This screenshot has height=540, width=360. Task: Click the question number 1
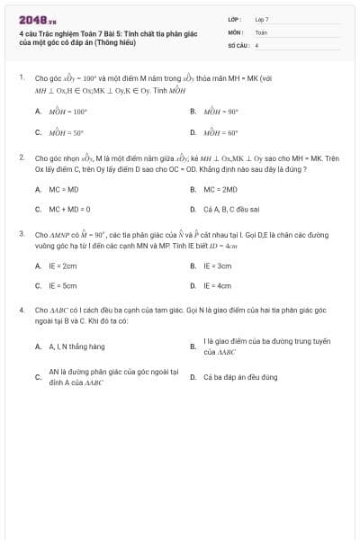click(x=21, y=77)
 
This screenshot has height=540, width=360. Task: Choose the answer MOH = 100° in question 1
click(x=67, y=112)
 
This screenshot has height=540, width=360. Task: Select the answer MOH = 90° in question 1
click(x=220, y=112)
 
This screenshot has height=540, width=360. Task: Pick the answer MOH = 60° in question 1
click(x=220, y=132)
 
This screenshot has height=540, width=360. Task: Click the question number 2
click(x=21, y=157)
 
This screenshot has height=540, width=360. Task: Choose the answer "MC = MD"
click(x=64, y=190)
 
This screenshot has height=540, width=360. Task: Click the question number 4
click(x=21, y=310)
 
